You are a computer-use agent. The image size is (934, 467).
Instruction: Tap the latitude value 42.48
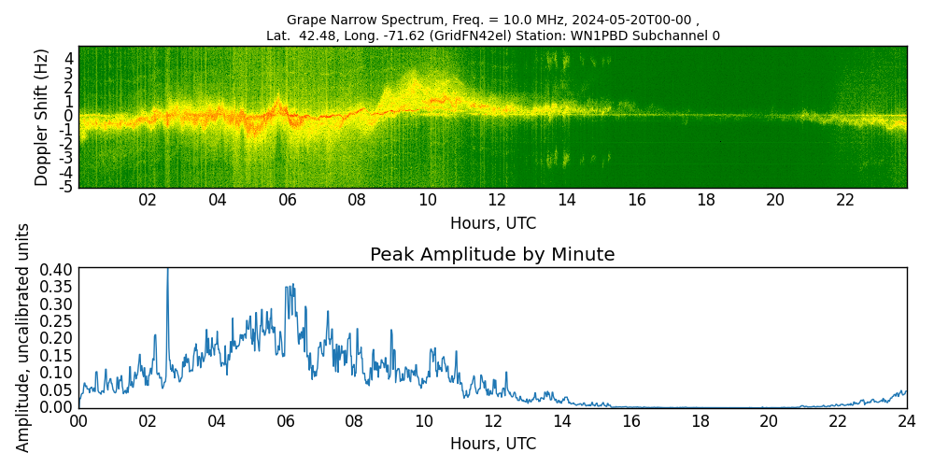click(318, 36)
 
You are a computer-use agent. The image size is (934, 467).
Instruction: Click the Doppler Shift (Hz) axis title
click(41, 117)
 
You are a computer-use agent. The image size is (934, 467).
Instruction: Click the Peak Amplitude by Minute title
click(492, 255)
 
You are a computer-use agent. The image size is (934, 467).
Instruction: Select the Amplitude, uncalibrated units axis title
click(23, 337)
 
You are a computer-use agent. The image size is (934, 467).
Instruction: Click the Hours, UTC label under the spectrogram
click(492, 223)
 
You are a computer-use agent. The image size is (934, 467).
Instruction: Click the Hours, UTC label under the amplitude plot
click(492, 443)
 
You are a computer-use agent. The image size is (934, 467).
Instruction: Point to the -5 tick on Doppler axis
click(66, 187)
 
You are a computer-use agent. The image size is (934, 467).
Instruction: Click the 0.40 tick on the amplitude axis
click(57, 269)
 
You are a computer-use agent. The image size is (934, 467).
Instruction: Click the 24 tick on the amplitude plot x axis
click(906, 421)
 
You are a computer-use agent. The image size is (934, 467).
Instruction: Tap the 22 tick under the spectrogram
click(845, 201)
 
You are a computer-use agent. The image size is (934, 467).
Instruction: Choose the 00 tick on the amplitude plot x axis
click(78, 421)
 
